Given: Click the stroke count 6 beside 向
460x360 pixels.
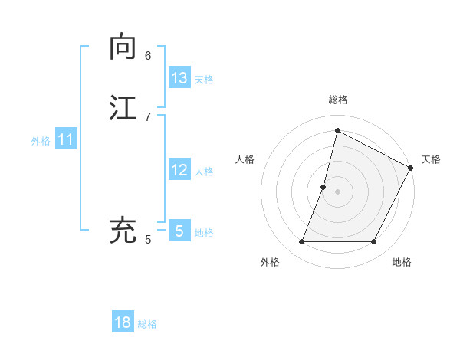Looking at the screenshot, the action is [148, 56].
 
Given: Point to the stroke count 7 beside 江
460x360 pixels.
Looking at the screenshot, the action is [148, 116].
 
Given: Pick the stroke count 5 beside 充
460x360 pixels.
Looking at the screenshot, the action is [148, 240].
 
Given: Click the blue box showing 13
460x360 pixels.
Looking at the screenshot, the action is [179, 78].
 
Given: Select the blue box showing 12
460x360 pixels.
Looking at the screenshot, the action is [179, 170].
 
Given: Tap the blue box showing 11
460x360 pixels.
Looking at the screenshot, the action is [66, 140].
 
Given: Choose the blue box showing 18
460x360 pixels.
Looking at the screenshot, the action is [123, 322].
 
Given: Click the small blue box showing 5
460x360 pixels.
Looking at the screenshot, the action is [179, 231].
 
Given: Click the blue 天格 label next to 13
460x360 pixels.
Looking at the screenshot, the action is [204, 80].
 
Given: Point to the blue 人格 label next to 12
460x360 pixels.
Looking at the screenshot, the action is [204, 172].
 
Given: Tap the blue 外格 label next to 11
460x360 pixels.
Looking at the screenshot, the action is [41, 141].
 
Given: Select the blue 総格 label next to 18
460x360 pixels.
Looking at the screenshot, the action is [147, 324].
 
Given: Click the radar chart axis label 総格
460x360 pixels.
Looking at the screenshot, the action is [337, 100].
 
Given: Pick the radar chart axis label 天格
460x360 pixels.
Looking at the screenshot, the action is [431, 159].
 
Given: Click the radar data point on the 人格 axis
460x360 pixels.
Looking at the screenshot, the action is [324, 187].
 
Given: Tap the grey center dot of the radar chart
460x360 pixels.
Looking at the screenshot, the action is [337, 191].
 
